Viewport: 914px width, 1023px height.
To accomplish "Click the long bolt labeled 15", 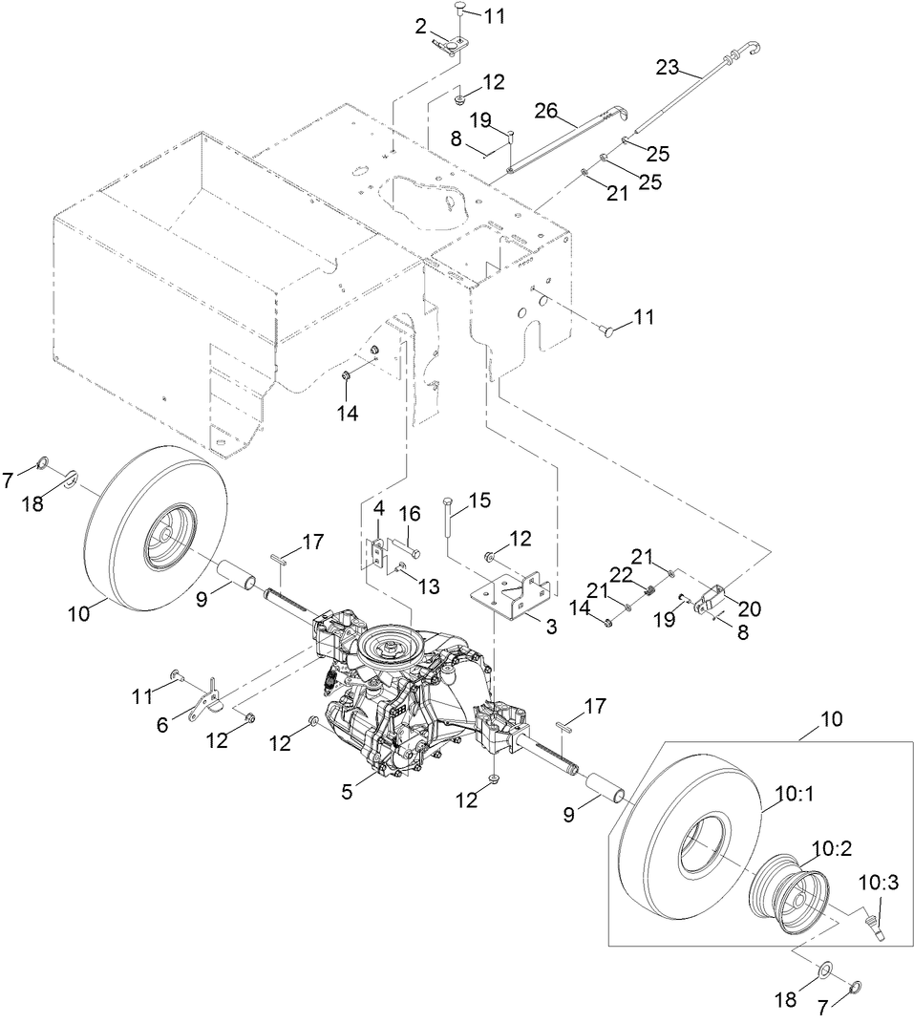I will pos(447,530).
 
